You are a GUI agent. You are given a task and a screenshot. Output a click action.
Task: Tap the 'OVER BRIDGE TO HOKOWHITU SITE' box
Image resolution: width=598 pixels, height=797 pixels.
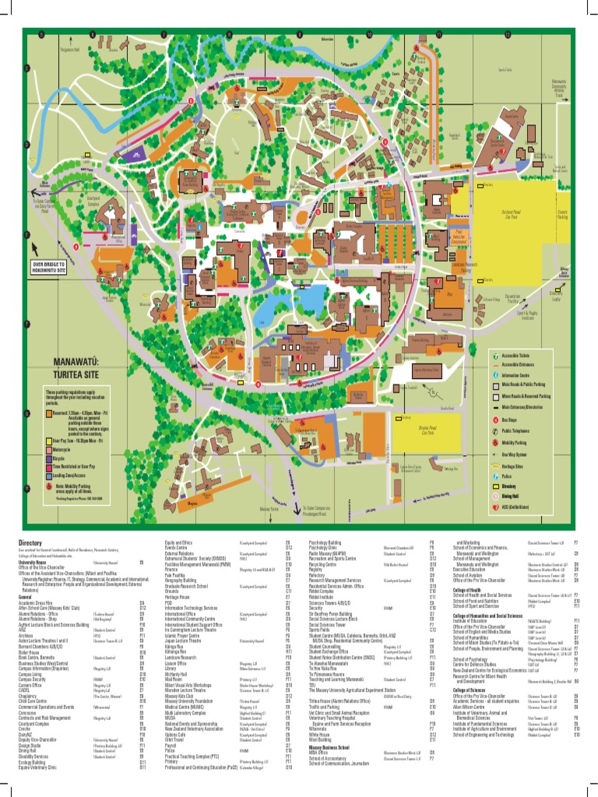click(60, 268)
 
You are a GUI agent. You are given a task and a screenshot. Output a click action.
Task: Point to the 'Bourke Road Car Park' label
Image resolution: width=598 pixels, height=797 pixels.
click(427, 430)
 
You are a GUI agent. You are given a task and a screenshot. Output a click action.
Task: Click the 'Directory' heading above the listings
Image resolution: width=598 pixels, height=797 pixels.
click(31, 542)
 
